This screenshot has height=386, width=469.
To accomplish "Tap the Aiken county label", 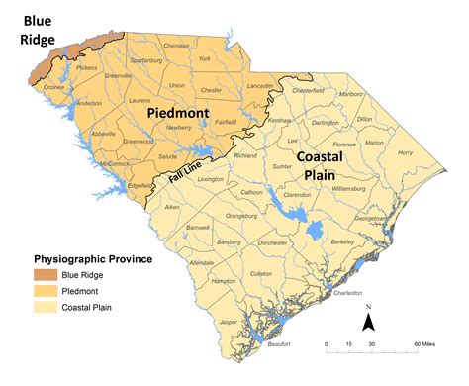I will pyautogui.click(x=173, y=207).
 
